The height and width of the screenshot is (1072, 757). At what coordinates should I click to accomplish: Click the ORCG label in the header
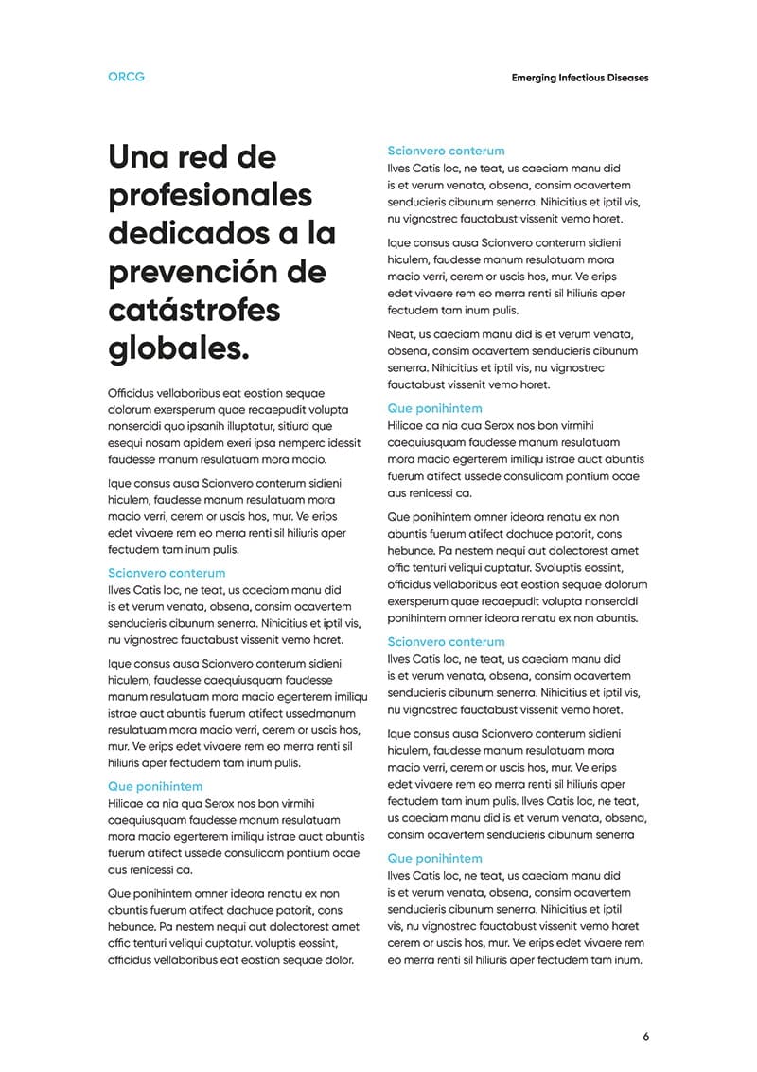pos(127,77)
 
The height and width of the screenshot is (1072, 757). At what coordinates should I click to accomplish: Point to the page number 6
pos(646,1036)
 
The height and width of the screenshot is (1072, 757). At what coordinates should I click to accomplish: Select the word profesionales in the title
pos(210,195)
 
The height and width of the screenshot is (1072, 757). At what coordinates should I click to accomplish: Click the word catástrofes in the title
pos(194,311)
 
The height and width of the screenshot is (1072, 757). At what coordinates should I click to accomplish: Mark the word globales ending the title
pos(179,349)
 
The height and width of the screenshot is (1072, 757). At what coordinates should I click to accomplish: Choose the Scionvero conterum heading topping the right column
pos(446,151)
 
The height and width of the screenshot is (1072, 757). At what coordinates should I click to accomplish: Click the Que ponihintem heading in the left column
pos(155,786)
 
